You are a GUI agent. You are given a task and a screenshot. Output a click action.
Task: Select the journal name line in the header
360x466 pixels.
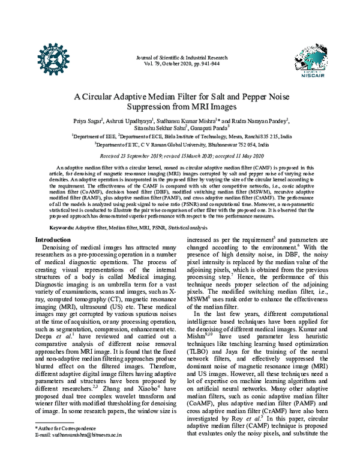pyautogui.click(x=179, y=58)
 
